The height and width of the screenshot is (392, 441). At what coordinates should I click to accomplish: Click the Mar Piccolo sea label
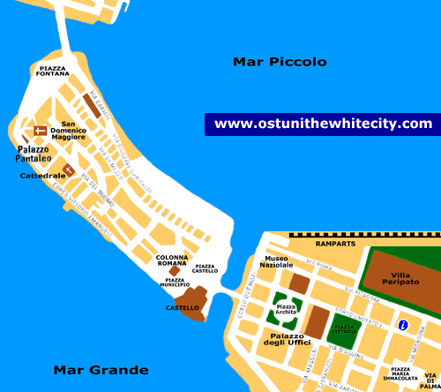pos(280,62)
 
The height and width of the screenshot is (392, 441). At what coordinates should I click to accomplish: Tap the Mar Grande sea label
pos(101,370)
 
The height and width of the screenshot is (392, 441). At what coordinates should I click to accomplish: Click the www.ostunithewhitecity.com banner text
pos(324,124)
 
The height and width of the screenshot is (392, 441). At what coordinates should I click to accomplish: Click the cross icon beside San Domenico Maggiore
pos(40,131)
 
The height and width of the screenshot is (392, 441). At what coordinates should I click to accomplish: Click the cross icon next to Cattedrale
pos(67,170)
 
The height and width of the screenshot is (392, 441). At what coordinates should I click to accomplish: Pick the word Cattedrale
pos(38,177)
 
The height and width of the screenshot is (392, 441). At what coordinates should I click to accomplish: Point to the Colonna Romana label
pos(172,260)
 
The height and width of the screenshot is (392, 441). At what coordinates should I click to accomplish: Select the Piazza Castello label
pos(206,268)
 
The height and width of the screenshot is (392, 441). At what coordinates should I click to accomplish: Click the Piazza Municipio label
pos(176,282)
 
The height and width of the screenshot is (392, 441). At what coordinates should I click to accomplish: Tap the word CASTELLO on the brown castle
pos(183,308)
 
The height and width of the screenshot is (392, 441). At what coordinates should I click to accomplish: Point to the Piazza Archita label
pos(286,309)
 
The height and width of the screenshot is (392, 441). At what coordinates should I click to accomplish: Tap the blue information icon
pos(403,325)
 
